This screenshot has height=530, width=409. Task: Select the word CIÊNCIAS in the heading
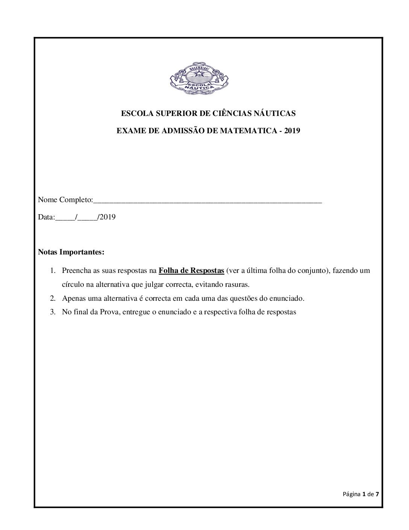[229, 113]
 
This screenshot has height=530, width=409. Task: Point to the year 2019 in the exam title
[292, 131]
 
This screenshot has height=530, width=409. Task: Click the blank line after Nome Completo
[207, 201]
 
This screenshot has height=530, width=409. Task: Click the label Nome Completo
[65, 200]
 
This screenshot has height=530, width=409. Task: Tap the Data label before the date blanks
[46, 217]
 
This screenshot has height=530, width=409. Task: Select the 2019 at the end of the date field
[108, 217]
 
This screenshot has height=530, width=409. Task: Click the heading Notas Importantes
[71, 252]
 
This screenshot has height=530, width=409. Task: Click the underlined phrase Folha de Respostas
[191, 271]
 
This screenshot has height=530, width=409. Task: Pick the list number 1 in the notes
[53, 271]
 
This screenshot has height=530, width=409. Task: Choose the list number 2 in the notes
[53, 299]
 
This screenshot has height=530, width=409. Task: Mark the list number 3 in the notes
[53, 312]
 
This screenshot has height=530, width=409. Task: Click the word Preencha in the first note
[76, 271]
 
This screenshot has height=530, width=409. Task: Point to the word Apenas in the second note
[74, 299]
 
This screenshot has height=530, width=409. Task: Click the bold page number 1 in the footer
[364, 494]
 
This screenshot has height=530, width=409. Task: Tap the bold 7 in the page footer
[377, 494]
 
